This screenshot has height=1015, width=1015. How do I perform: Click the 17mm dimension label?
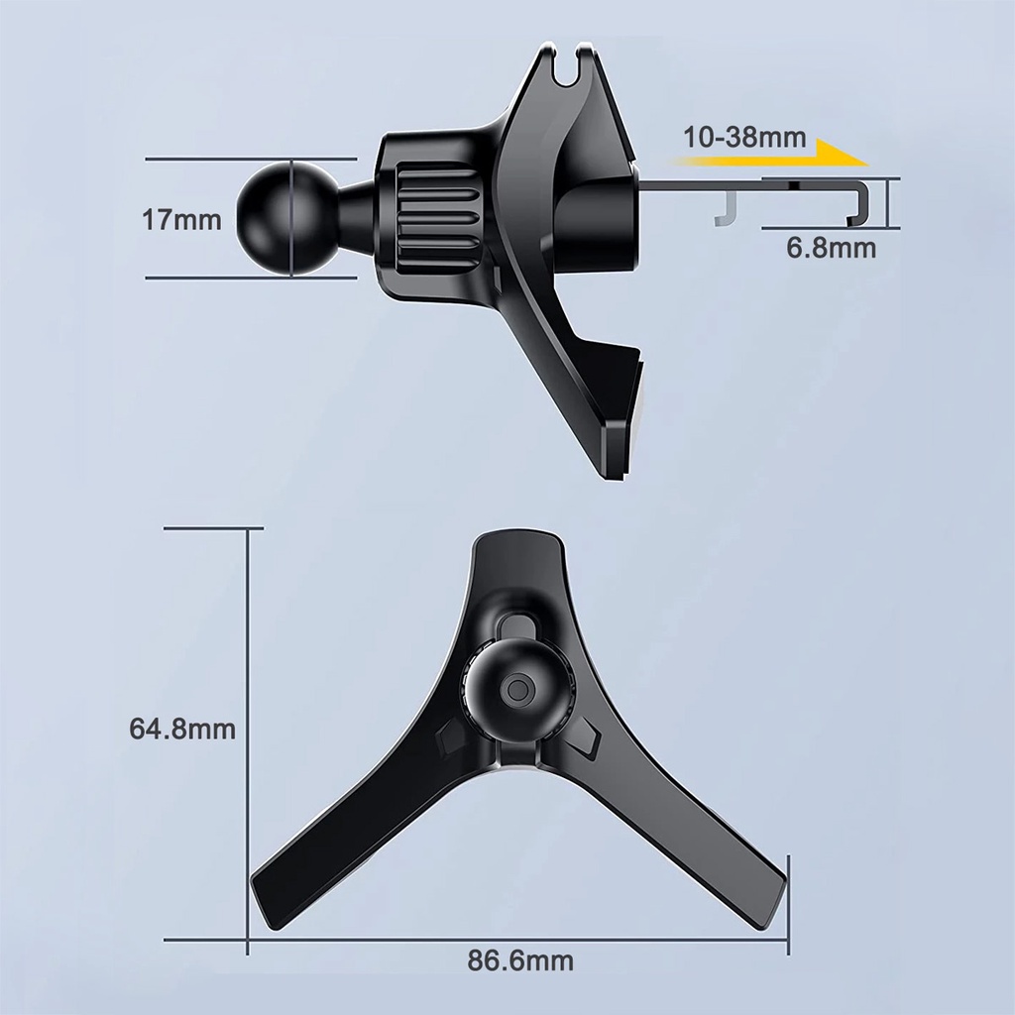tap(181, 220)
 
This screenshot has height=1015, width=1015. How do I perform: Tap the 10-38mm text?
tap(744, 137)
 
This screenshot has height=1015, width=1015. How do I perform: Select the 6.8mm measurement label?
tap(832, 248)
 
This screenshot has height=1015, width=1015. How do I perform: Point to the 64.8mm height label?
tap(182, 729)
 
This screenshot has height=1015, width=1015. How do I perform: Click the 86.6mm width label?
tap(520, 960)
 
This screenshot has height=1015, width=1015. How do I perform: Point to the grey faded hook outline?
tap(728, 208)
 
